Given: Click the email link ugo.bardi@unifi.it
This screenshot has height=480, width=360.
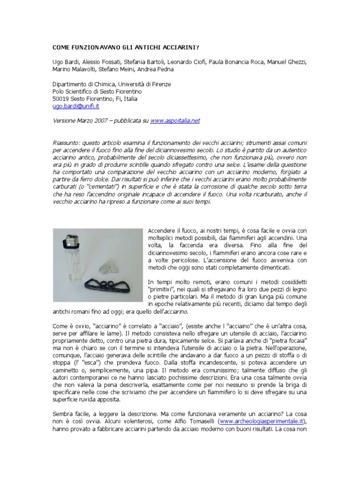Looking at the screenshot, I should coord(75,106).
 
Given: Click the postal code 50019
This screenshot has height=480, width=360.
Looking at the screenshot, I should coord(61,99).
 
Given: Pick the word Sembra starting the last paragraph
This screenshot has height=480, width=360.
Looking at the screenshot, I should coord(62,414).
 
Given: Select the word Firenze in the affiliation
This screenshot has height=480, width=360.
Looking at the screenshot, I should coord(160,84).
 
